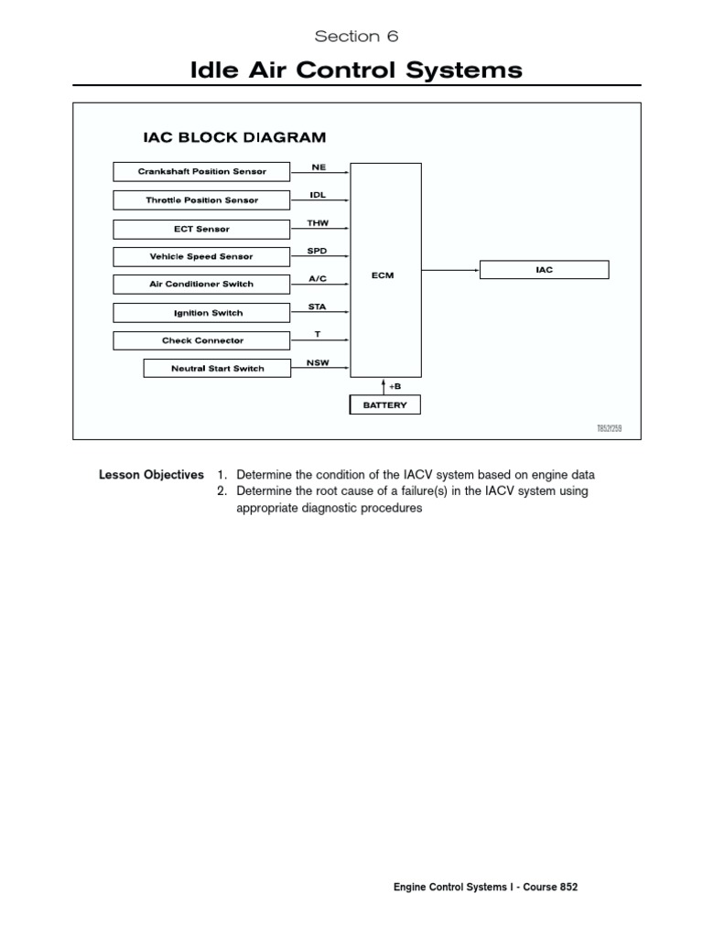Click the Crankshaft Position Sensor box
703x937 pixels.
coord(201,171)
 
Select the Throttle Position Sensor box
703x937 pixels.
coord(201,199)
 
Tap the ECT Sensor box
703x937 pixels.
coord(201,229)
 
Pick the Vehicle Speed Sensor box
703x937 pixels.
coord(201,256)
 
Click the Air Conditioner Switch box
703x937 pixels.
coord(201,284)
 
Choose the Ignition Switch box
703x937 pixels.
coord(201,313)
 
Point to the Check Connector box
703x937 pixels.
coord(201,340)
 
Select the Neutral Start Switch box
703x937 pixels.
coord(217,368)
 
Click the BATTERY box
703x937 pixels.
coord(384,404)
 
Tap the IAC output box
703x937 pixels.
coord(544,270)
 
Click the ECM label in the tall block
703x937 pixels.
coord(384,275)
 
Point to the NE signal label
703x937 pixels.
coord(319,167)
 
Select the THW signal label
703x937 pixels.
coord(318,223)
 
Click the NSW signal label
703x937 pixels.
coord(318,362)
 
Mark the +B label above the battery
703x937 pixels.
coord(395,386)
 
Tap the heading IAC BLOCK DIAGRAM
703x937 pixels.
coord(234,138)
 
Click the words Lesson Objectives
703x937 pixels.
coord(151,475)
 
